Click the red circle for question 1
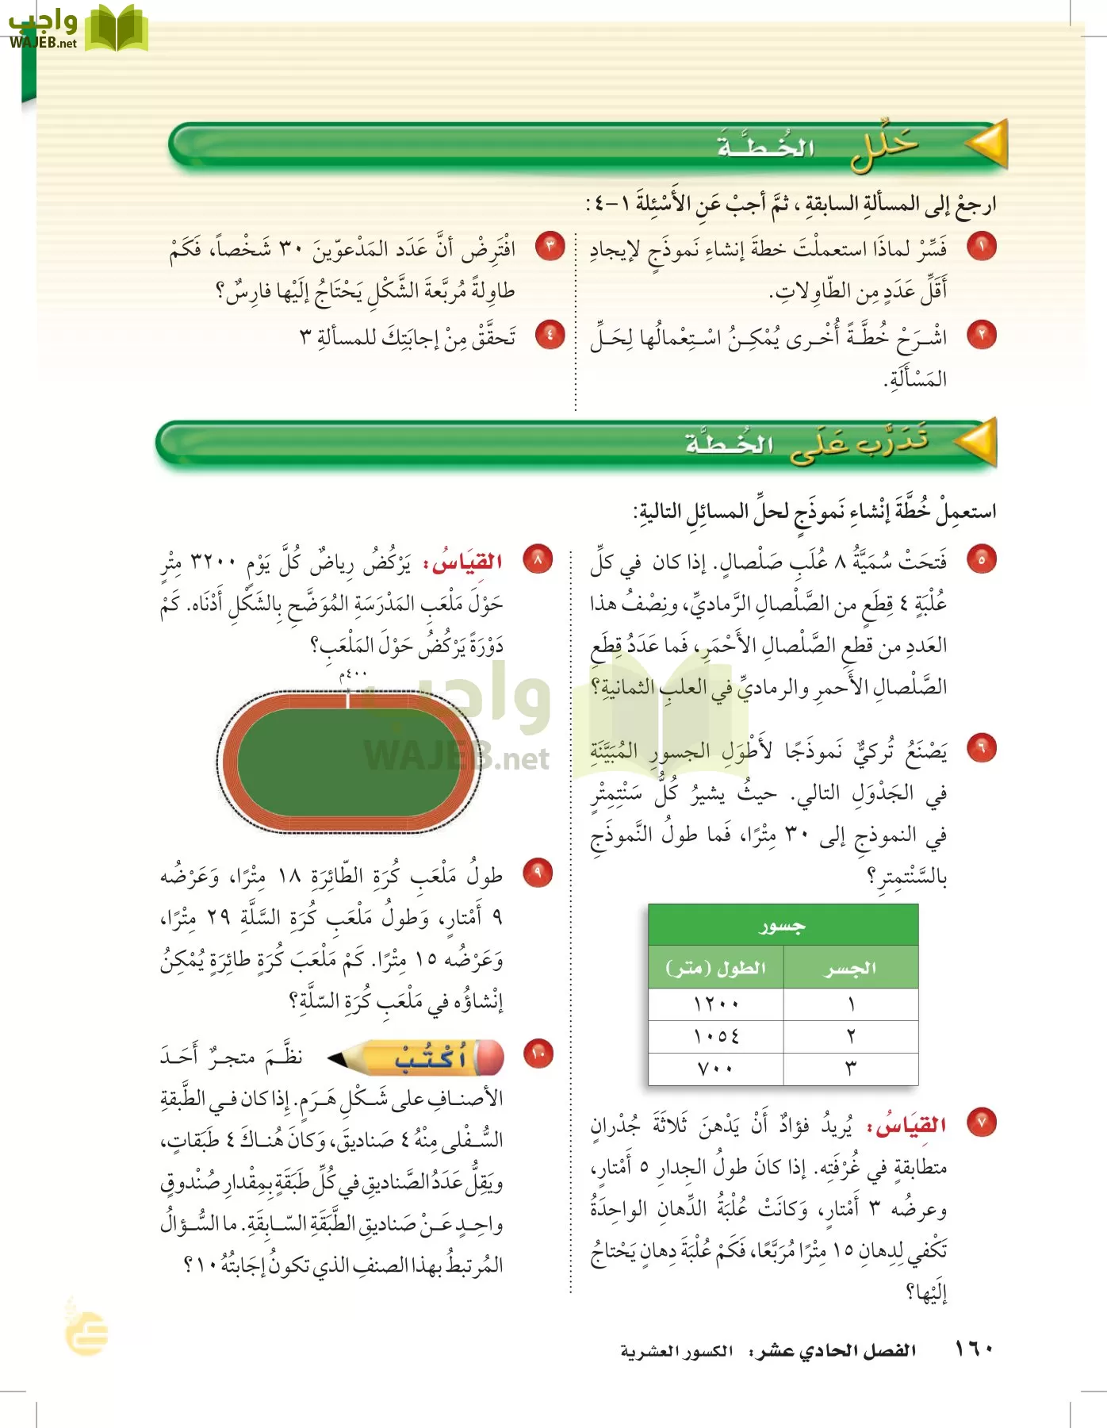pos(982,248)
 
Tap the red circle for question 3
pos(549,247)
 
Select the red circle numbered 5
pos(982,560)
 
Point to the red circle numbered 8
pos(538,561)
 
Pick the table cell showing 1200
pos(716,1004)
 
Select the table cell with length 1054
pos(716,1036)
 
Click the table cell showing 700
pos(716,1069)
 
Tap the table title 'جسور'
pos(783,925)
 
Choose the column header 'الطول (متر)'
pos(716,968)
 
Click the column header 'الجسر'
pos(850,968)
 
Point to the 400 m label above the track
pos(353,674)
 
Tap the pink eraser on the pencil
pos(489,1058)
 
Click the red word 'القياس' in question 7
pos(917,1125)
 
